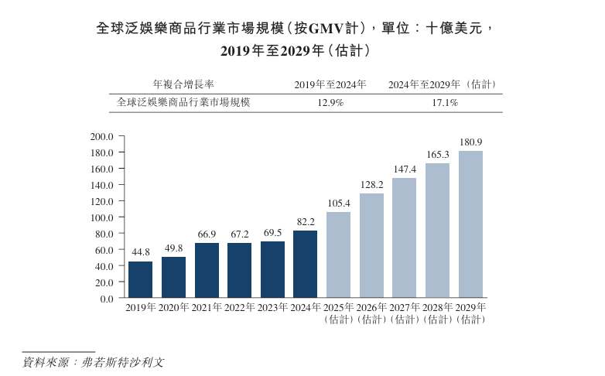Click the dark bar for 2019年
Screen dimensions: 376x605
pyautogui.click(x=140, y=279)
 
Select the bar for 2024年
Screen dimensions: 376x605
pyautogui.click(x=305, y=264)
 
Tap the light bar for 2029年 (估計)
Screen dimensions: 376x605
pyautogui.click(x=470, y=224)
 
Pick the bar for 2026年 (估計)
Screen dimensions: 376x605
pyautogui.click(x=371, y=245)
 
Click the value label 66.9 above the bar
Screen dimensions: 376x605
pyautogui.click(x=207, y=234)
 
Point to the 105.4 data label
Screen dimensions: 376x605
pyautogui.click(x=338, y=203)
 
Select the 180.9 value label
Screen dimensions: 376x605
pyautogui.click(x=470, y=142)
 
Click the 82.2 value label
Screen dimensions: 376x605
pyautogui.click(x=305, y=222)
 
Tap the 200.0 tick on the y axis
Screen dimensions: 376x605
pyautogui.click(x=102, y=136)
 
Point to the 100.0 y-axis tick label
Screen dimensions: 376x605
pyautogui.click(x=102, y=217)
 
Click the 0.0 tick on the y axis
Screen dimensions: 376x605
pyautogui.click(x=107, y=299)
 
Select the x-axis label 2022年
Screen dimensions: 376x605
pyautogui.click(x=240, y=308)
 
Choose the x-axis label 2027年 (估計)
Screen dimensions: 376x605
pyautogui.click(x=405, y=313)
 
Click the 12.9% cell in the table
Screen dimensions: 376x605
pyautogui.click(x=330, y=102)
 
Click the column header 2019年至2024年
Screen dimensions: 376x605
pyautogui.click(x=330, y=84)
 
